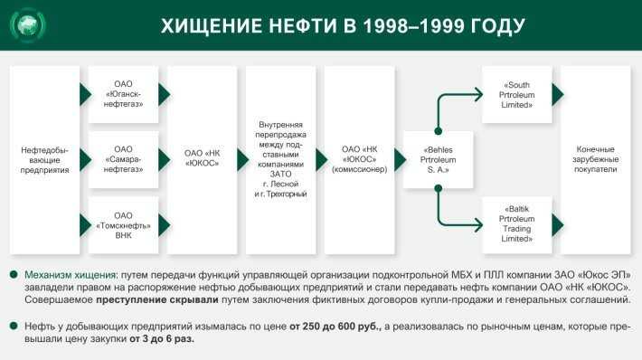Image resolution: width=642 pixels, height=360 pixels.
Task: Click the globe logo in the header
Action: [27, 25]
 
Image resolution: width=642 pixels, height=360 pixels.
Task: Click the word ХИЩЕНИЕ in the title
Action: [212, 26]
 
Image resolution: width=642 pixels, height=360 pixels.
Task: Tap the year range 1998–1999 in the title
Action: [413, 26]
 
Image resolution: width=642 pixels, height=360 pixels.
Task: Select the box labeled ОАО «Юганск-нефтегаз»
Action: [123, 94]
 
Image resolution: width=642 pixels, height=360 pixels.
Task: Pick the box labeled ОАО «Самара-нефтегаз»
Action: [123, 160]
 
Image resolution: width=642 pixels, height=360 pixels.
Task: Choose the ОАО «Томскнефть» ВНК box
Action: [123, 225]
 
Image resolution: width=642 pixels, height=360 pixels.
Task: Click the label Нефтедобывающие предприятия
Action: [44, 160]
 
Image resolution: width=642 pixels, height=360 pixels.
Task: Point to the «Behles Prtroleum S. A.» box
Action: [439, 160]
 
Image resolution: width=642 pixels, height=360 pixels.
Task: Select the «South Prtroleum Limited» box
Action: [516, 95]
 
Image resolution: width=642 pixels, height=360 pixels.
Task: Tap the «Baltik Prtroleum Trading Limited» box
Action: [516, 225]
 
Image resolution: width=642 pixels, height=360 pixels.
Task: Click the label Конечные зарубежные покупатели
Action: [595, 159]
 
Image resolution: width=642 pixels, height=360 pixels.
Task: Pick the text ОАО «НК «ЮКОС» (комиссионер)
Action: [360, 159]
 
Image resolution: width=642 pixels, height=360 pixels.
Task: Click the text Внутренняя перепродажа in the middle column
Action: [280, 129]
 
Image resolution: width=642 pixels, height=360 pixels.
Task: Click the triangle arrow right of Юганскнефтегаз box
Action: [164, 95]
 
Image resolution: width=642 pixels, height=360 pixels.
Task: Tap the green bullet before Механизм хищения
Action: [14, 274]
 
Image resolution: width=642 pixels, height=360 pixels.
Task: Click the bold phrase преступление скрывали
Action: [157, 299]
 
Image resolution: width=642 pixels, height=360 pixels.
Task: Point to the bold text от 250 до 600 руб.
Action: [335, 327]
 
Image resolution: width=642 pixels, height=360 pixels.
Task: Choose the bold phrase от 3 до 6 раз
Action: [162, 339]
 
